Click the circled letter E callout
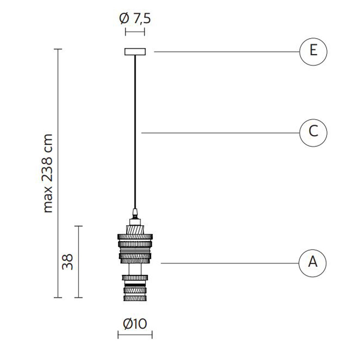[313, 52]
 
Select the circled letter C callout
[313, 133]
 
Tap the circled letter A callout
[313, 263]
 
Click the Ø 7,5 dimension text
[135, 19]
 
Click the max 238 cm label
[48, 173]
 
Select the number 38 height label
[67, 262]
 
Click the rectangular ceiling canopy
[135, 52]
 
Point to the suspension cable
[135, 132]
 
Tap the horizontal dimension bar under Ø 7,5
[135, 32]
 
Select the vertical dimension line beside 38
[79, 262]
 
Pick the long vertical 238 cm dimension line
[58, 173]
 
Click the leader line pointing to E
[227, 52]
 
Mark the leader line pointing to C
[220, 133]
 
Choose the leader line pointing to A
[230, 263]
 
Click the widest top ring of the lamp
[135, 237]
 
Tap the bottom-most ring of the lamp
[135, 298]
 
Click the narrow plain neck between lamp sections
[135, 269]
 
